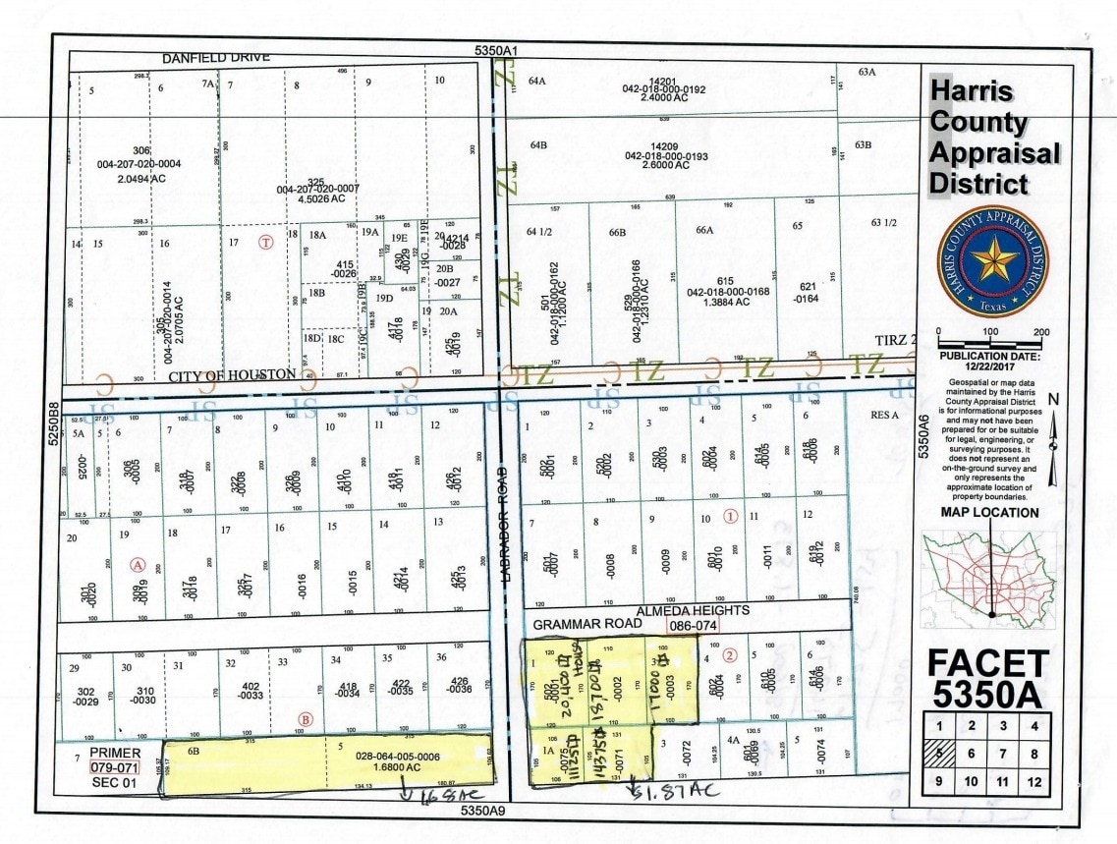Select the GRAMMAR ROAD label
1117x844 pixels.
[x=576, y=624]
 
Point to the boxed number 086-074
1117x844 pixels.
[x=692, y=624]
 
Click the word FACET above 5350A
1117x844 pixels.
[x=988, y=664]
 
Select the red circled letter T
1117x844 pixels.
[x=263, y=242]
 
